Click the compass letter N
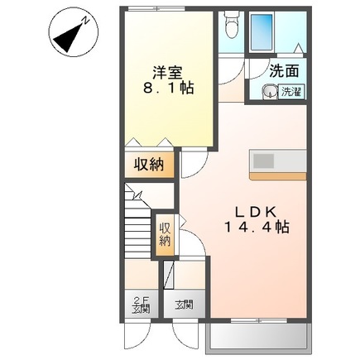[87, 21]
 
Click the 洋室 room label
[168, 73]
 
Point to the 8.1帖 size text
[168, 88]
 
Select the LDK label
[256, 212]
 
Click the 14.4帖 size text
[257, 228]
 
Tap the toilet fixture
[231, 24]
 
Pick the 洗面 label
[284, 71]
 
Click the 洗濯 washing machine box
[291, 92]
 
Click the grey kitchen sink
[264, 161]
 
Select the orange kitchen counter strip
[278, 176]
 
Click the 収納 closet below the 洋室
[149, 165]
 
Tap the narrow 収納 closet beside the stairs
[165, 234]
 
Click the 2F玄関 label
[141, 305]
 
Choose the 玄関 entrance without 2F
[184, 305]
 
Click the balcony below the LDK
[258, 337]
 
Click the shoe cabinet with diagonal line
[168, 275]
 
